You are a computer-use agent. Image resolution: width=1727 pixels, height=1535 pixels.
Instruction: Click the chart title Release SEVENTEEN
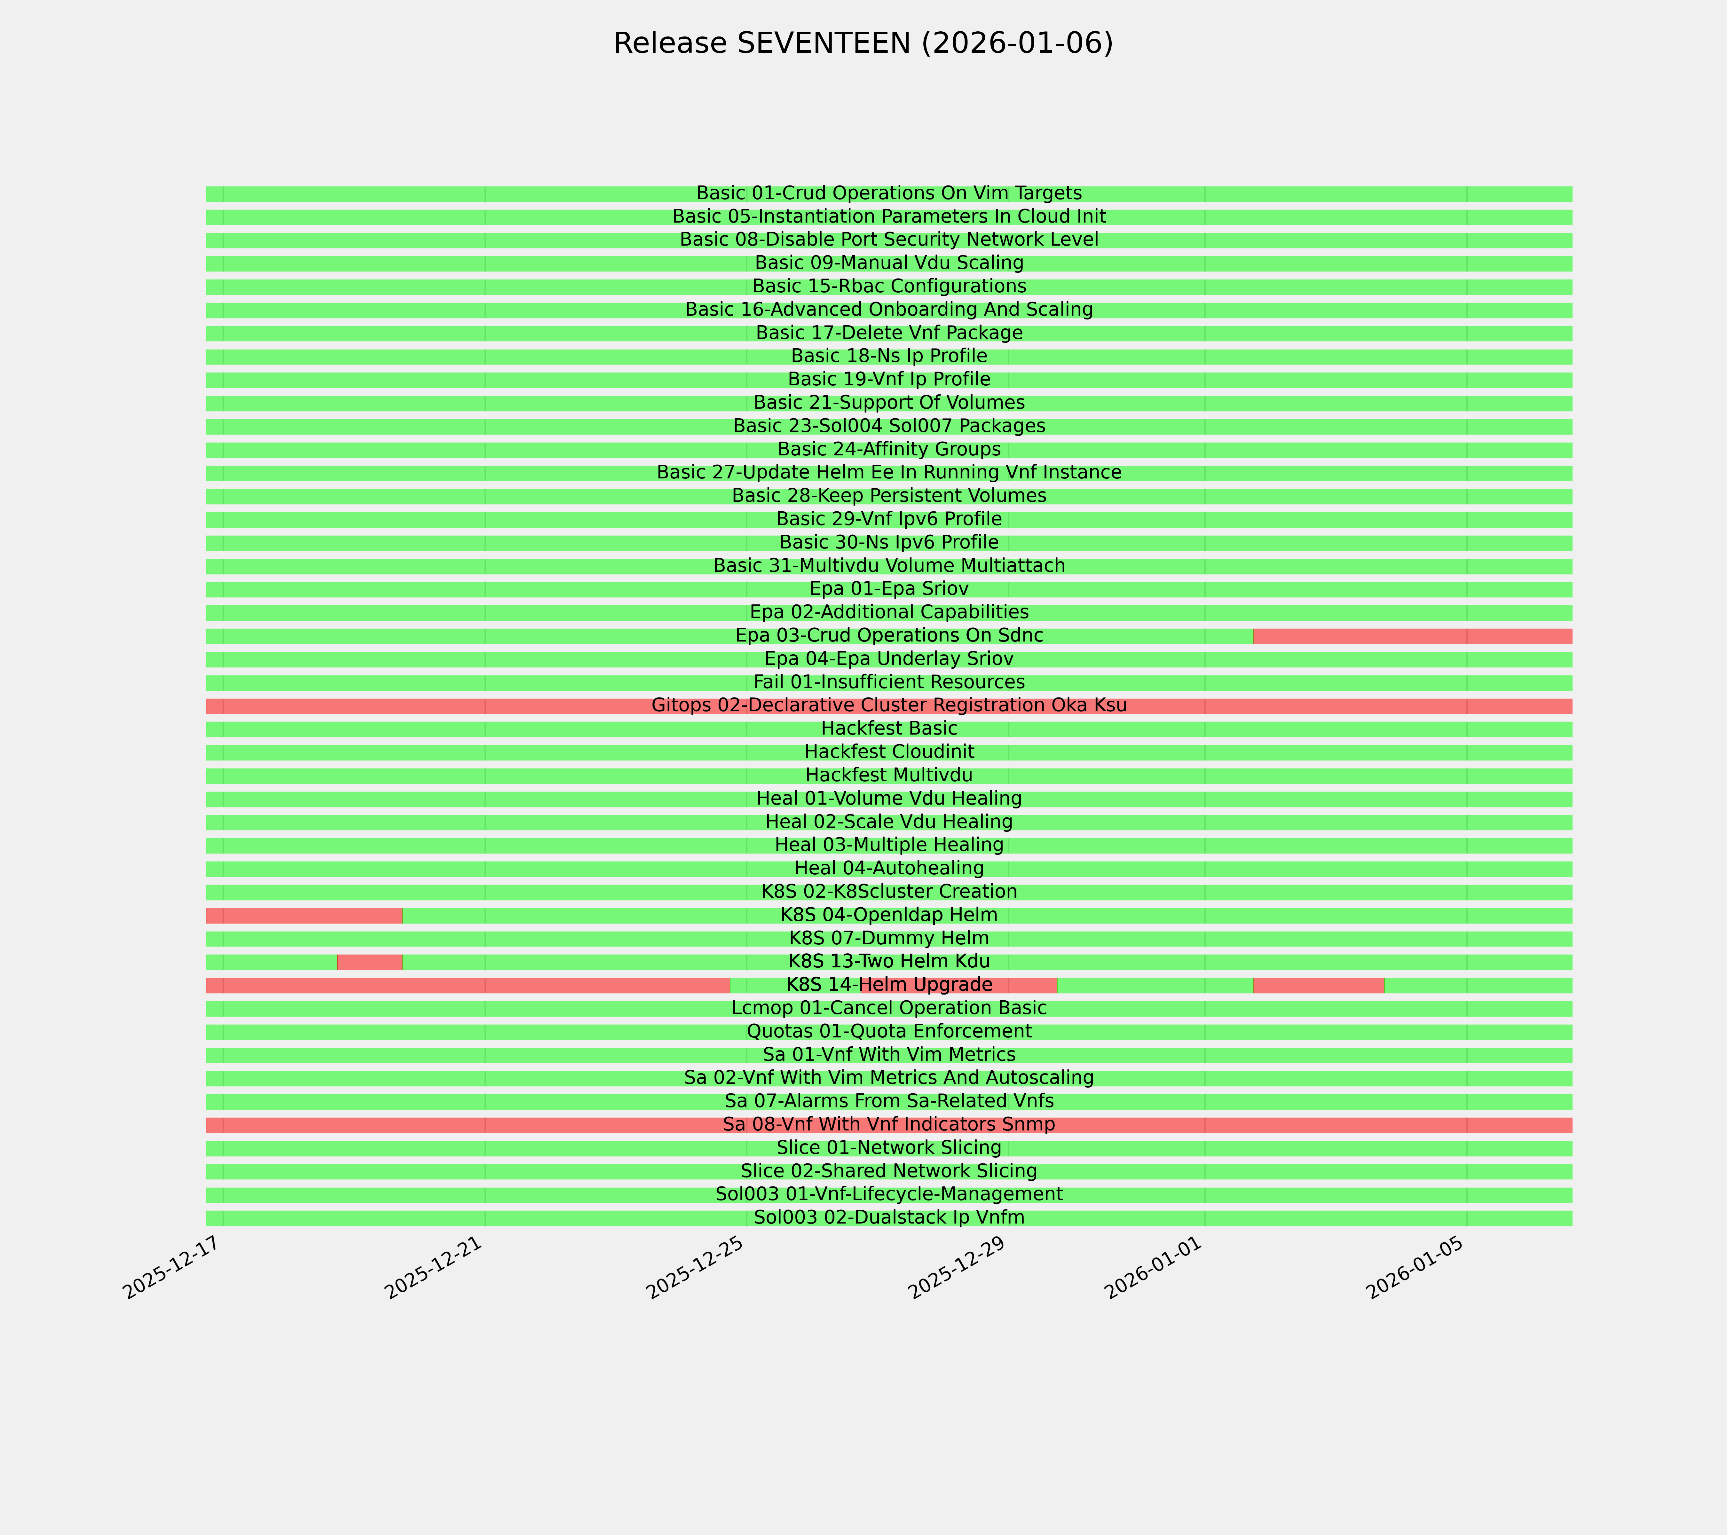(x=863, y=43)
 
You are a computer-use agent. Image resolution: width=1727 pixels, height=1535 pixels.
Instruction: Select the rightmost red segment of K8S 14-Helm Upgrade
(x=1318, y=985)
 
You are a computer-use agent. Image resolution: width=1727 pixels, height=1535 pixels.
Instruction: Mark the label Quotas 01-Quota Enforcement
(x=889, y=1032)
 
